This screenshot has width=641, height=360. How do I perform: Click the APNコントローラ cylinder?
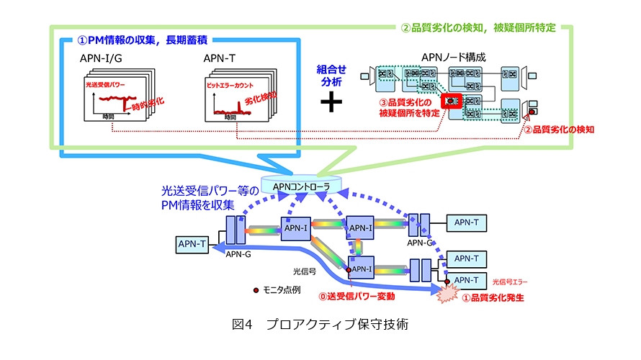[307, 186]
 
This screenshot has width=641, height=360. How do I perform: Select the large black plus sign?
[331, 102]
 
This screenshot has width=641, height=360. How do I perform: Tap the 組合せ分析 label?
[331, 74]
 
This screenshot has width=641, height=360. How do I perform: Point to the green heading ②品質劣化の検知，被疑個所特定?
[478, 29]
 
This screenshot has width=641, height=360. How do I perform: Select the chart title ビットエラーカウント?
[233, 86]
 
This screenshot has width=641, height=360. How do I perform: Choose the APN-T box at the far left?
[192, 245]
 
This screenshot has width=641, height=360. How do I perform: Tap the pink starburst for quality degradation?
[450, 292]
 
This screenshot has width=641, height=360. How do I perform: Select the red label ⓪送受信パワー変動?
[357, 295]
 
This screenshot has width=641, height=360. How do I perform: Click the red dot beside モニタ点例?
[255, 291]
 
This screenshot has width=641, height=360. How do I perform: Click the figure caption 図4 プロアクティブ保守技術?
[320, 324]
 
